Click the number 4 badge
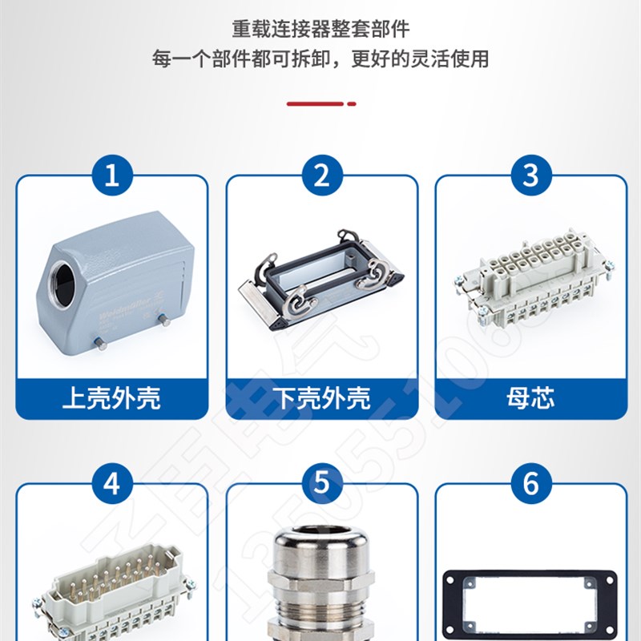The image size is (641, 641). tap(112, 483)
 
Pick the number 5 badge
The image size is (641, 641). tap(321, 483)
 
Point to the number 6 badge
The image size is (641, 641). tap(530, 483)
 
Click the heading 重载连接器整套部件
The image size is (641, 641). tap(320, 30)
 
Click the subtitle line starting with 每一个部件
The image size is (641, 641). tap(320, 59)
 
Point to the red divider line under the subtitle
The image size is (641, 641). tap(320, 103)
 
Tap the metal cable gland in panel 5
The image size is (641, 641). tap(321, 585)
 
